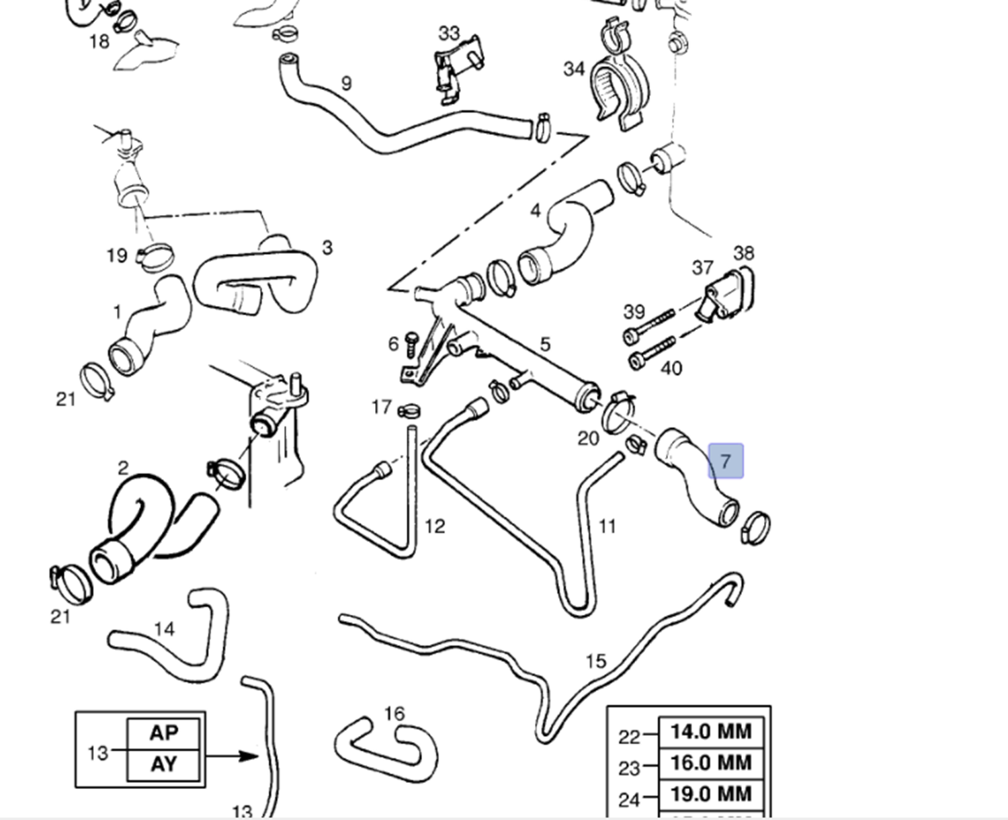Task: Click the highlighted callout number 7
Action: coord(725,461)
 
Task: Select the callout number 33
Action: coord(449,33)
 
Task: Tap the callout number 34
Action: coord(574,69)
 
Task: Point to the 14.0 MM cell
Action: coord(711,731)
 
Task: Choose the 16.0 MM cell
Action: coord(711,763)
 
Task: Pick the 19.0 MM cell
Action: coord(711,794)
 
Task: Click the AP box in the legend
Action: coord(163,733)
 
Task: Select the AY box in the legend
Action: coord(163,764)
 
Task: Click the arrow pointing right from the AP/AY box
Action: coord(232,756)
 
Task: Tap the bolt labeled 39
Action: coord(650,326)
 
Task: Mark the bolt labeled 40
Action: coord(652,353)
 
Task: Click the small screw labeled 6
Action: coord(411,345)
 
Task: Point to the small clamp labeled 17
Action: coord(409,409)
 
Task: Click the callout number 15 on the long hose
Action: coord(595,661)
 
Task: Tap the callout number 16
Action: coord(394,713)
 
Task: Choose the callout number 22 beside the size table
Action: coord(628,737)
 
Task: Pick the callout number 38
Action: coord(743,253)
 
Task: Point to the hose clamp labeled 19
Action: coord(157,257)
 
